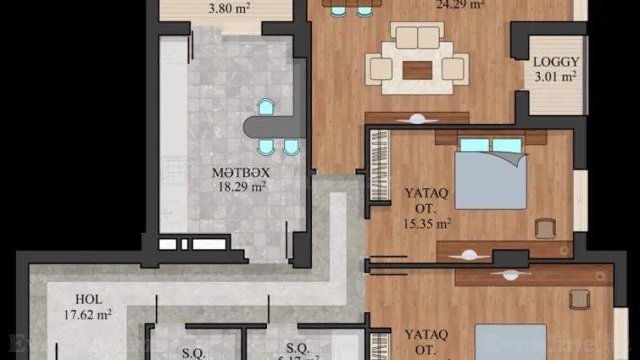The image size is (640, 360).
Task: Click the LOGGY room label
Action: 557,61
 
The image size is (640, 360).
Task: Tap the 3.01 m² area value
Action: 557,77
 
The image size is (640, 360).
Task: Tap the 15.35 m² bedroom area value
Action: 426,224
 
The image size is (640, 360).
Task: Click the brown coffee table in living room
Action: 417,70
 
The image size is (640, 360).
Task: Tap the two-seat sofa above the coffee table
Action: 418,37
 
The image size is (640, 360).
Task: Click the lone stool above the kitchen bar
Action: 265,107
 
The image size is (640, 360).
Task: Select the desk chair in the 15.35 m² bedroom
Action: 546,230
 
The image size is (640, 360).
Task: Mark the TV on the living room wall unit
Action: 417,118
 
